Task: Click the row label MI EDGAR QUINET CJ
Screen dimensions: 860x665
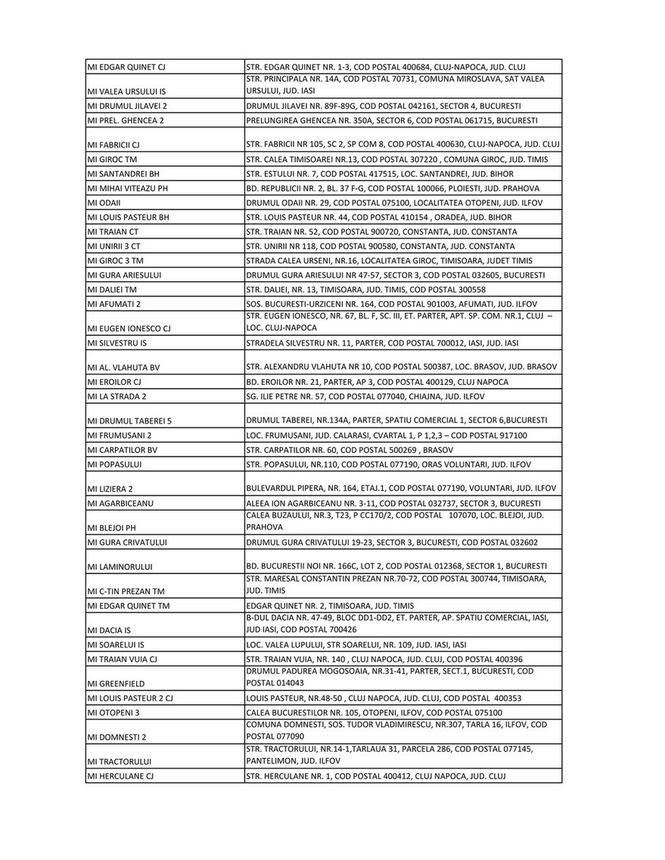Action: click(126, 67)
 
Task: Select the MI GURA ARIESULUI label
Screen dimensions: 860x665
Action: click(125, 275)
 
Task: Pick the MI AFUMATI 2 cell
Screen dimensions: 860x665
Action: click(114, 304)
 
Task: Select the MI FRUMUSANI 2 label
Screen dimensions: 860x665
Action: click(120, 436)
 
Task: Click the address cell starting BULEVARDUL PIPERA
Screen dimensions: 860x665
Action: click(401, 488)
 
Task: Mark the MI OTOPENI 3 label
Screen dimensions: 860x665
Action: click(113, 713)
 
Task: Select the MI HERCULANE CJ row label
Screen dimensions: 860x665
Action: click(121, 776)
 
